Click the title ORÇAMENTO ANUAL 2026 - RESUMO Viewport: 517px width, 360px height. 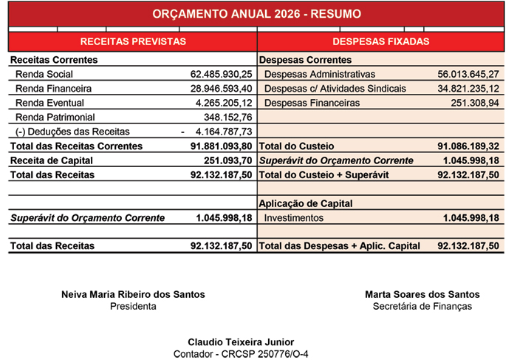coord(256,14)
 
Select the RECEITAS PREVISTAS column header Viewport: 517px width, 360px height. coord(133,42)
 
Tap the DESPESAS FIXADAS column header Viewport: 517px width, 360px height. coord(381,42)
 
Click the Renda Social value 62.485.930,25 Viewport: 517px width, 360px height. coord(222,74)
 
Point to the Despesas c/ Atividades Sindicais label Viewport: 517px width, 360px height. coord(335,89)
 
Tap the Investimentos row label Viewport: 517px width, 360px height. coord(293,218)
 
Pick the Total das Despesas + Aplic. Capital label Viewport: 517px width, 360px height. coord(340,246)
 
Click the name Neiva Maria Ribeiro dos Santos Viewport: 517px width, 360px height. coord(133,294)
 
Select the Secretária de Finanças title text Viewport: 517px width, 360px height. coord(422,307)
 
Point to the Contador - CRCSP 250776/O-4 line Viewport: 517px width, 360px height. coord(241,354)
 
